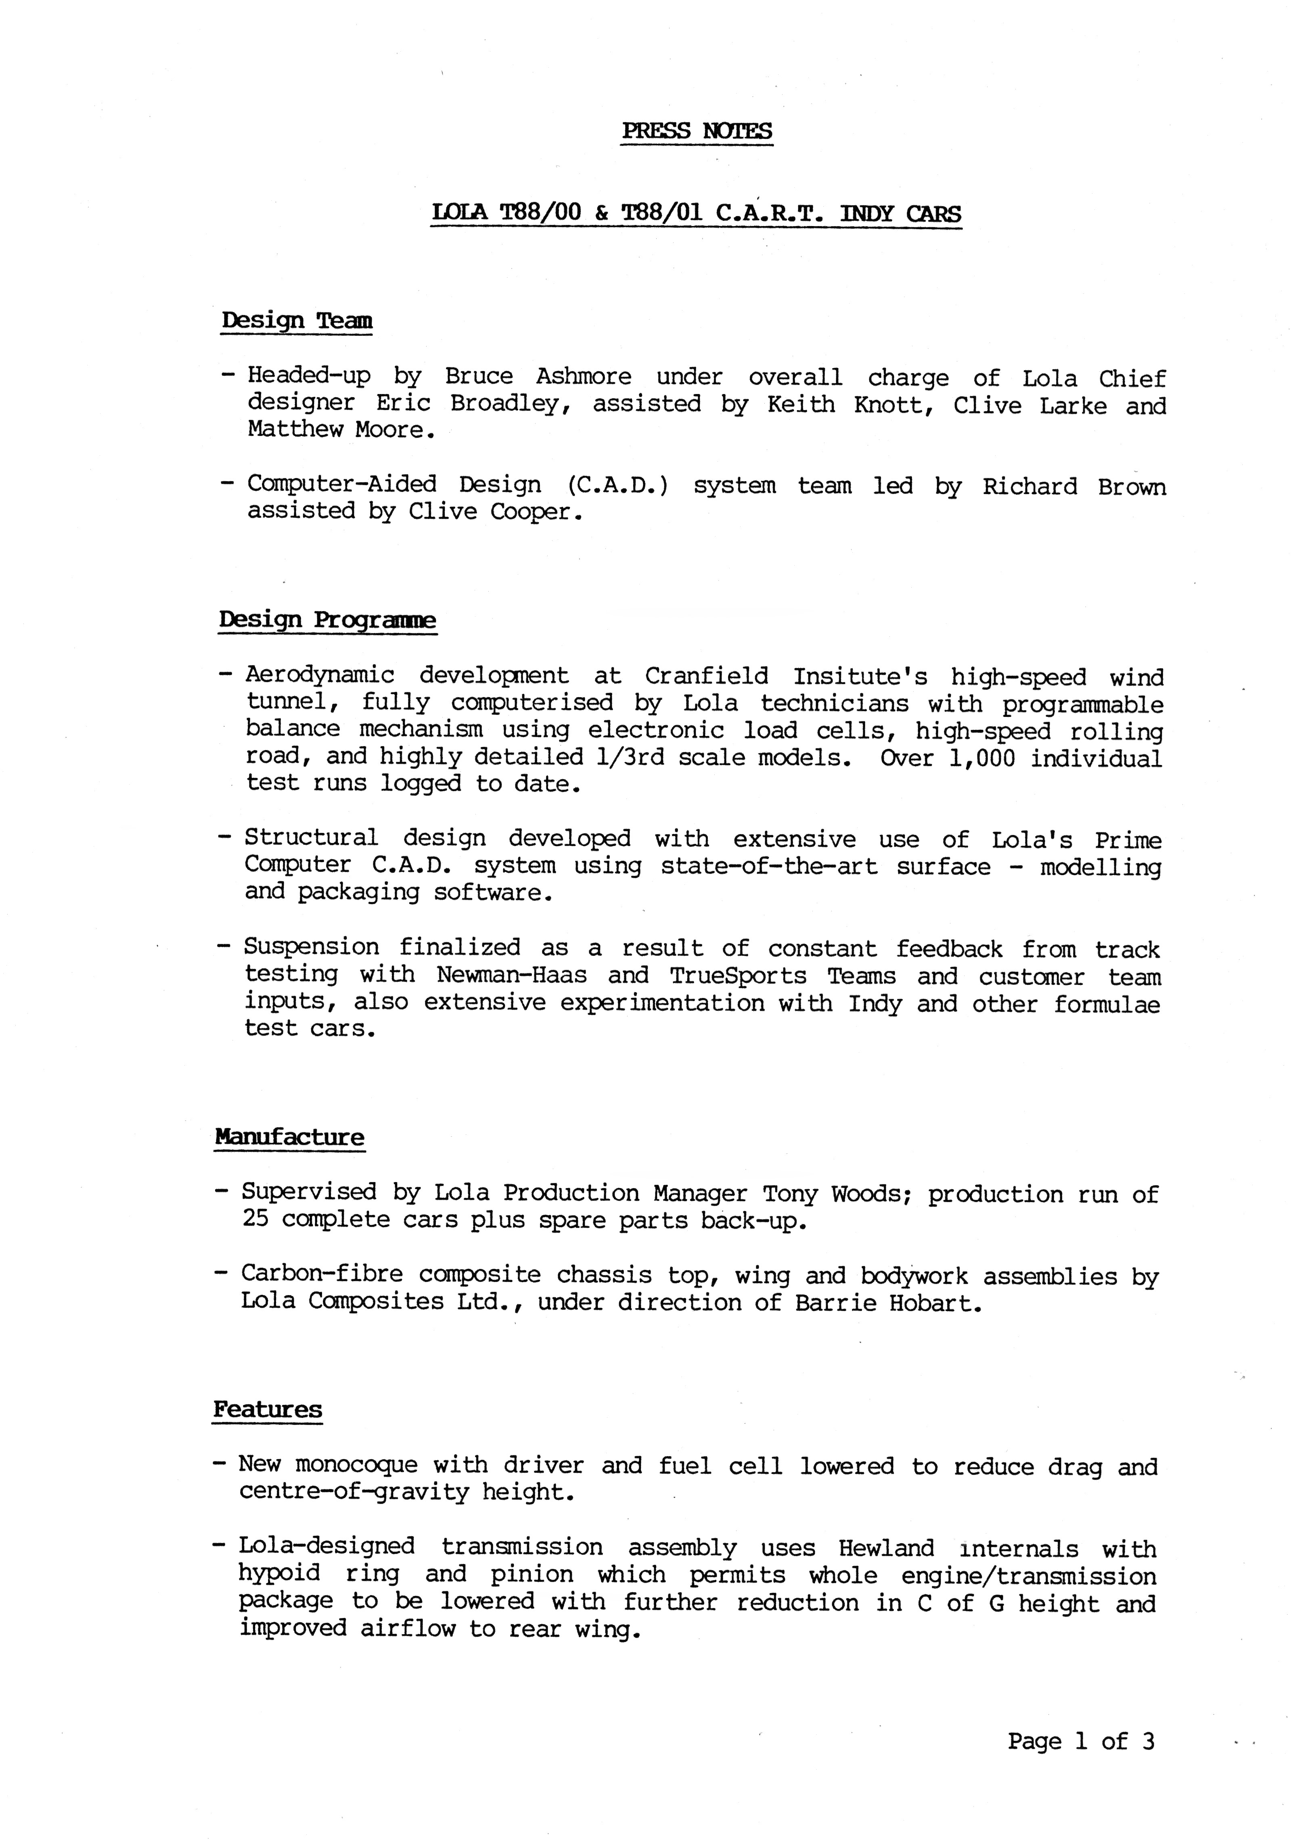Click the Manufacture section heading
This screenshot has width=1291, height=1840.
289,1137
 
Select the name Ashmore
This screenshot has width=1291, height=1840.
584,377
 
